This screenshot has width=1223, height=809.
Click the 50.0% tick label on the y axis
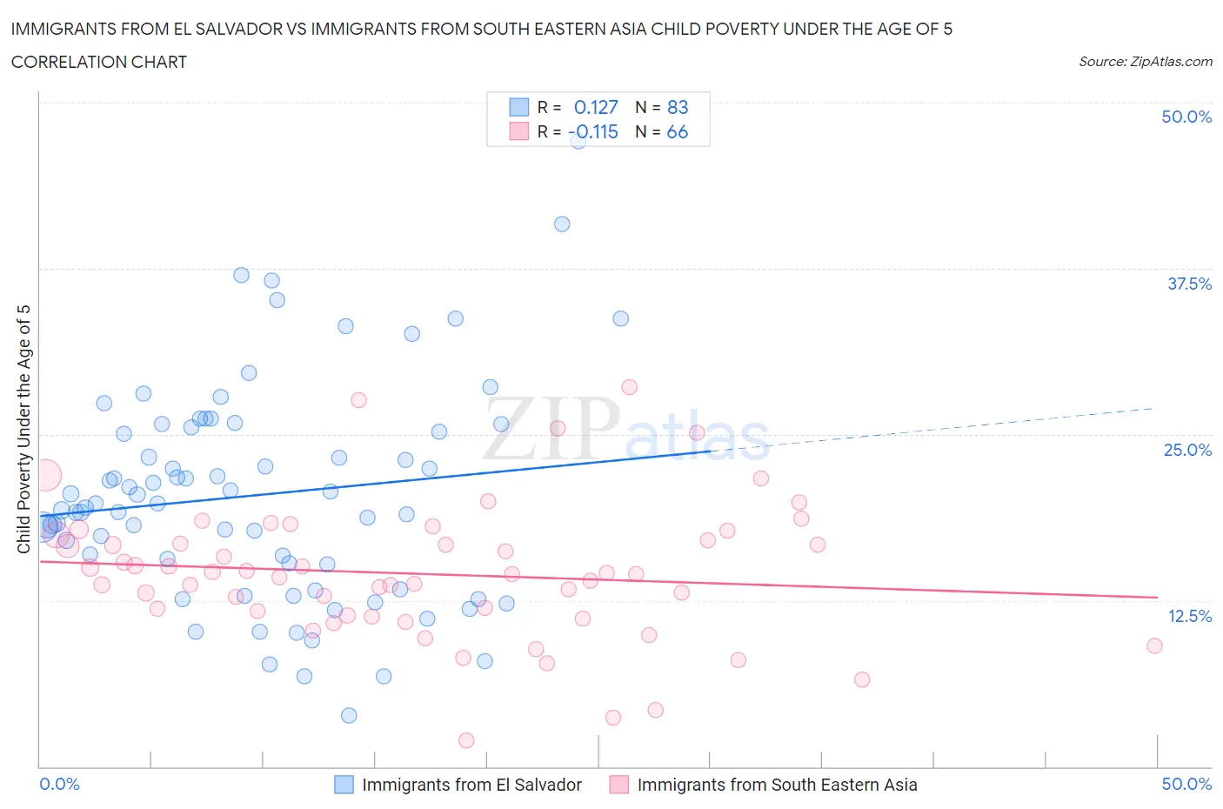(1186, 117)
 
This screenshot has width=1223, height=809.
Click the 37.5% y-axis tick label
(1189, 284)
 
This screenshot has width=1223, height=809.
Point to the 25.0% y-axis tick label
(1187, 450)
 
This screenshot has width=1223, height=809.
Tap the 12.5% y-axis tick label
(1189, 616)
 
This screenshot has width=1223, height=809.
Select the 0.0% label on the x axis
(59, 784)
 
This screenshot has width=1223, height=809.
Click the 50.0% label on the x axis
(1186, 784)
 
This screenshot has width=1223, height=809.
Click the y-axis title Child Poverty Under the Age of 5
(23, 429)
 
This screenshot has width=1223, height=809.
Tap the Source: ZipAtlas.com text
(1145, 61)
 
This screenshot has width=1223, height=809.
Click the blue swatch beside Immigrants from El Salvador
(344, 785)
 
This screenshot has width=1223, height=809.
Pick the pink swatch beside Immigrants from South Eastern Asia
(619, 785)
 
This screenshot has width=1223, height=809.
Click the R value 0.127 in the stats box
(596, 107)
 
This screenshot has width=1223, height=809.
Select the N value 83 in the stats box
(678, 107)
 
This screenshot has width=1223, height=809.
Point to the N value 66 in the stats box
(678, 131)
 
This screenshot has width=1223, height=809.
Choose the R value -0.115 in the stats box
(593, 131)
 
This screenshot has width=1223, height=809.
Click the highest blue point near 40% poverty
(562, 224)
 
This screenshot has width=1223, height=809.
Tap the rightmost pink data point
(1154, 645)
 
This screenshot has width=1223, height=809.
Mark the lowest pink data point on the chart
(466, 740)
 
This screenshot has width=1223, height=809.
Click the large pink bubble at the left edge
(45, 475)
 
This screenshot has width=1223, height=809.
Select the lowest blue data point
(349, 715)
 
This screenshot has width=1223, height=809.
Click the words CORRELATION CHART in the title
(99, 62)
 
